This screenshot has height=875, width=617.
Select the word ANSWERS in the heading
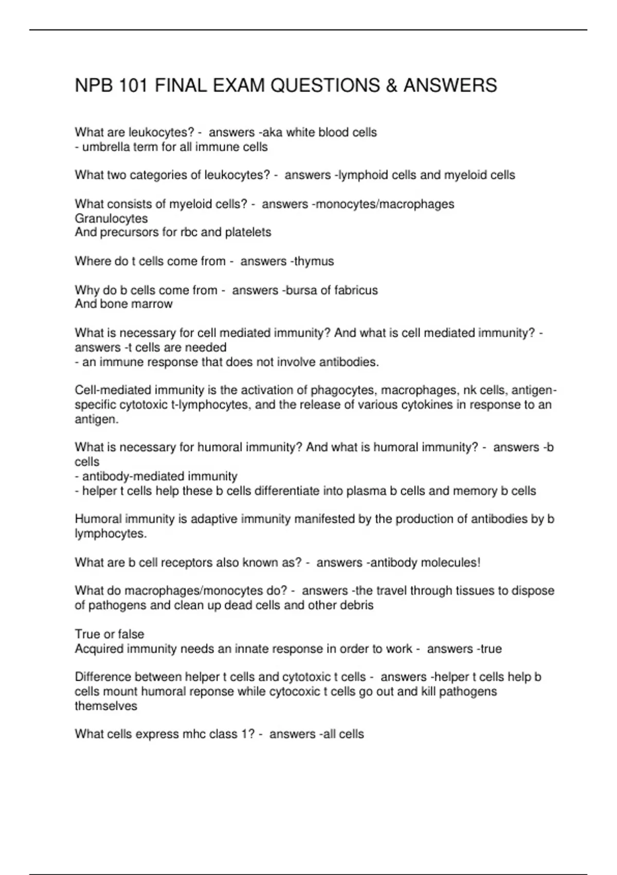(x=450, y=85)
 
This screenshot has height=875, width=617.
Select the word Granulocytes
(x=111, y=218)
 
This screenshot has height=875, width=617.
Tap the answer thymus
(x=314, y=261)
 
